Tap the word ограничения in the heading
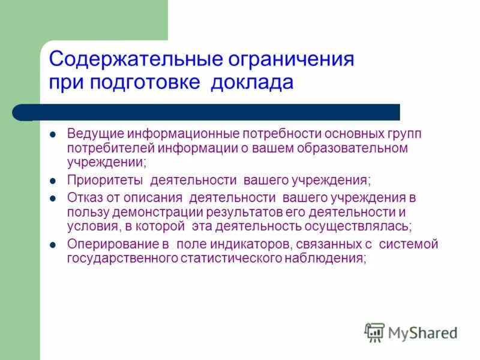(292, 59)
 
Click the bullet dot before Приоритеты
(53, 180)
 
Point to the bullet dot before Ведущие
(53, 133)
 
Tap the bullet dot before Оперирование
(53, 245)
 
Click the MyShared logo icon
(374, 332)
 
